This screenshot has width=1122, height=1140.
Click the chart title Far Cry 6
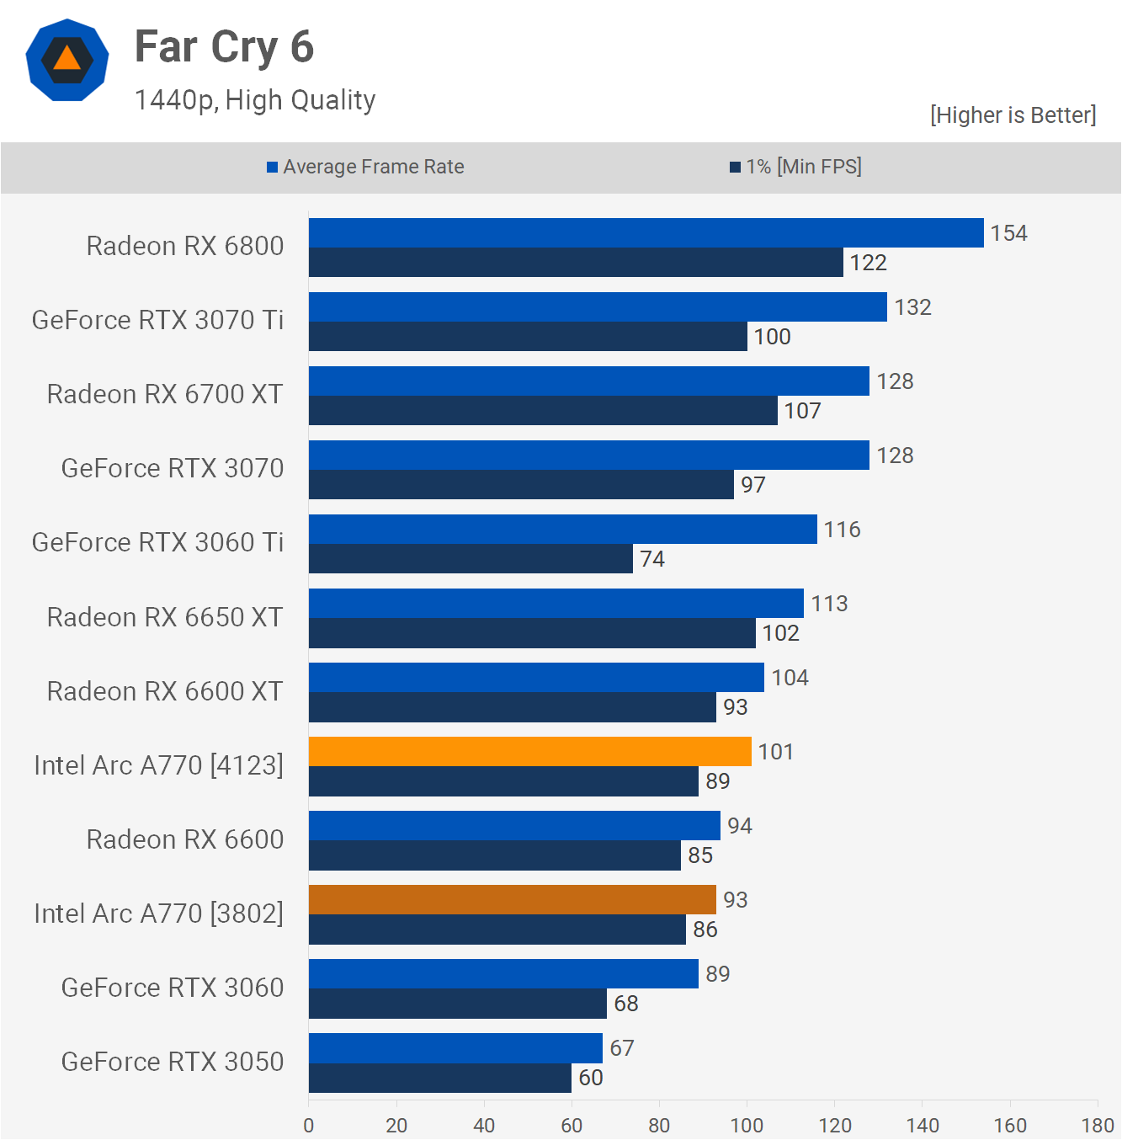pyautogui.click(x=224, y=47)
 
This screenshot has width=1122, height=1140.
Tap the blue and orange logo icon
pyautogui.click(x=67, y=60)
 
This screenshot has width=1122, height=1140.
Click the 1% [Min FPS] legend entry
pyautogui.click(x=795, y=167)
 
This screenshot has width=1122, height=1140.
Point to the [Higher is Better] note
pyautogui.click(x=1013, y=115)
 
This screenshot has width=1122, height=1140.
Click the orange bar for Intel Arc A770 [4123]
pyautogui.click(x=529, y=751)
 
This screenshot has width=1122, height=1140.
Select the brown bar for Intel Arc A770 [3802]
pyautogui.click(x=512, y=899)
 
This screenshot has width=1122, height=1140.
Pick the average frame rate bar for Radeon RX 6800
pyautogui.click(x=646, y=232)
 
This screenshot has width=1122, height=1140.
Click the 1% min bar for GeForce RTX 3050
pyautogui.click(x=439, y=1078)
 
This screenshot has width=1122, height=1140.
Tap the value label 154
pyautogui.click(x=1008, y=233)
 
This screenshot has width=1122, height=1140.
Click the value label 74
pyautogui.click(x=652, y=559)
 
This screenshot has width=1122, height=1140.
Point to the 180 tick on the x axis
pyautogui.click(x=1098, y=1126)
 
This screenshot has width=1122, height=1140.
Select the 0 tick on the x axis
pyautogui.click(x=309, y=1126)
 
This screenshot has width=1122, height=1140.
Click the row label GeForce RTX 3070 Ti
pyautogui.click(x=157, y=320)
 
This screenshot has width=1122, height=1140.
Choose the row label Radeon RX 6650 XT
pyautogui.click(x=165, y=617)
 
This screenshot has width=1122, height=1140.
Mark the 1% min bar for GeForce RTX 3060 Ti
pyautogui.click(x=471, y=559)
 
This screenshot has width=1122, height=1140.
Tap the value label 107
pyautogui.click(x=802, y=411)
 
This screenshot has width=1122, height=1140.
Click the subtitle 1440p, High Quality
pyautogui.click(x=255, y=100)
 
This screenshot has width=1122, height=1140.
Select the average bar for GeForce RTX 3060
pyautogui.click(x=503, y=973)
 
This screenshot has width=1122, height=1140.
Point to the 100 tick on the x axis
pyautogui.click(x=747, y=1126)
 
